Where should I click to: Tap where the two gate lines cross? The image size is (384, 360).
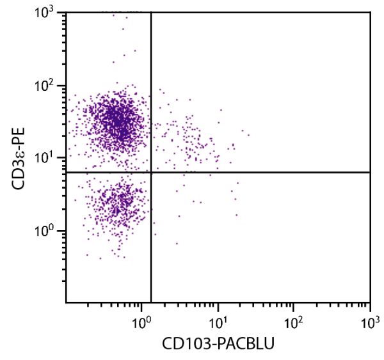click(151, 172)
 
